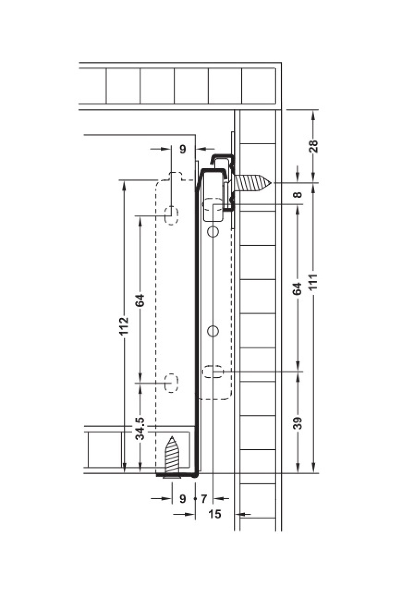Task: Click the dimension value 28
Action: pyautogui.click(x=314, y=146)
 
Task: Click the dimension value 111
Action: pyautogui.click(x=314, y=283)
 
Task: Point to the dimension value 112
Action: pyautogui.click(x=124, y=326)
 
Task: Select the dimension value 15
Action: pyautogui.click(x=215, y=514)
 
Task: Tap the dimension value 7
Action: pyautogui.click(x=204, y=499)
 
